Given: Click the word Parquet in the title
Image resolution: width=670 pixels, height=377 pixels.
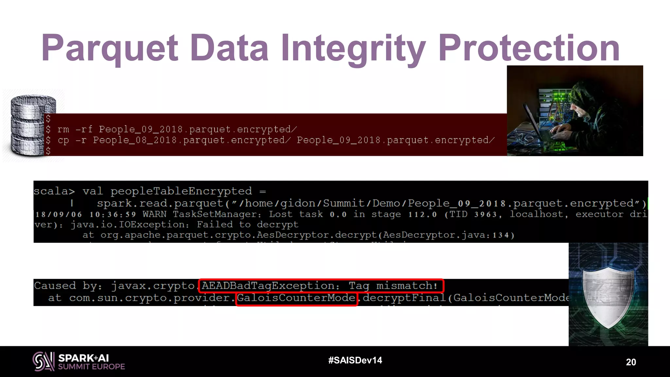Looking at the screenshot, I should coord(110,48).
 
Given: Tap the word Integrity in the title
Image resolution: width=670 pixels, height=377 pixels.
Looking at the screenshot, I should coord(353,48).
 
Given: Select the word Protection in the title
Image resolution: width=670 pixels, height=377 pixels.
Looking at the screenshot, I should coord(529,48).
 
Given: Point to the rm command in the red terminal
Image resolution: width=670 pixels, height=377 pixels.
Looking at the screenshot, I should coord(63,130).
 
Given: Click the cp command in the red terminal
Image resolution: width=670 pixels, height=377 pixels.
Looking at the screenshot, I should coord(63,140).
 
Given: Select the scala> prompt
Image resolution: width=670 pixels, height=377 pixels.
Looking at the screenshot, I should coord(54,191).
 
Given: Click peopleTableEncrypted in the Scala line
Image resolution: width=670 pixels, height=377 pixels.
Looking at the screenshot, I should coord(181,191).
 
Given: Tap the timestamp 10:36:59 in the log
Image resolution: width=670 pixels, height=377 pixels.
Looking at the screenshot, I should coord(113,215).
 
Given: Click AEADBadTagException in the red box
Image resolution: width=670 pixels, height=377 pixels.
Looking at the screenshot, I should coord(268,286).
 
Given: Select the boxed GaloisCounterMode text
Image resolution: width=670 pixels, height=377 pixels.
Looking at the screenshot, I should coord(296,298).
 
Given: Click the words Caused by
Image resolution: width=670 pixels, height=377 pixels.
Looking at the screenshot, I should coord(68,286).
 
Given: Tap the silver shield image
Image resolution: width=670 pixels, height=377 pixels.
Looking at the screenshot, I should coord(608,296).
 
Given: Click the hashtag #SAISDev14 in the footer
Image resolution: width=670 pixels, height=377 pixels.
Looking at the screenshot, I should coord(355,360).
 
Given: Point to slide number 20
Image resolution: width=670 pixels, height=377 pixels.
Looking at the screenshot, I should coord(631,362).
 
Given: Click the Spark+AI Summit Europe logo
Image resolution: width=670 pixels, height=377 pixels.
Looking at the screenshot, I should coord(79,361).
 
